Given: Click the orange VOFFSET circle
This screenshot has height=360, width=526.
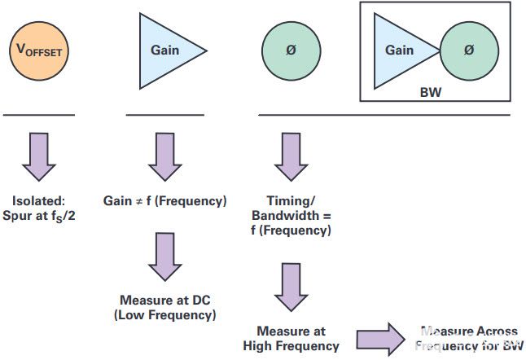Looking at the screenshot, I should click(38, 49).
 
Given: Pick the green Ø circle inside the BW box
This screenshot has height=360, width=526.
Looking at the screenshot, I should click(468, 50).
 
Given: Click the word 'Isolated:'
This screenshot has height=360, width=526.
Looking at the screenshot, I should click(38, 200).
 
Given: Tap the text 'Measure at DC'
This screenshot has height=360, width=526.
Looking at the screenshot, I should click(164, 300).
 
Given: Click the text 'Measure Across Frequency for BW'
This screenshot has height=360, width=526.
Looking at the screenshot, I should click(468, 339).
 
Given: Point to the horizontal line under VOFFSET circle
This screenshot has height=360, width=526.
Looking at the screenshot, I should click(38, 116).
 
